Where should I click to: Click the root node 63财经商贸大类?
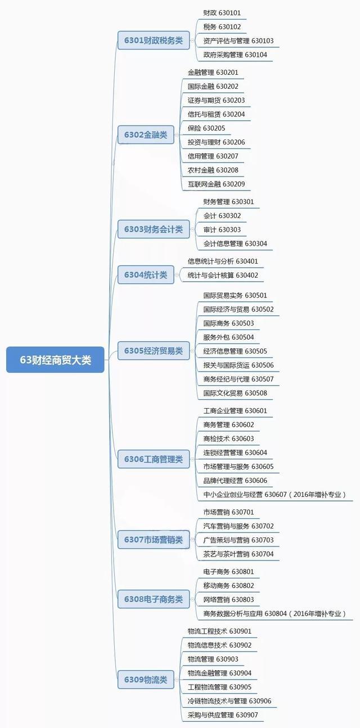point(55,360)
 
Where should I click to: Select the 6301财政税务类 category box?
point(154,40)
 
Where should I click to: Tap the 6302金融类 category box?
point(146,134)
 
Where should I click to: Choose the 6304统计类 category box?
point(146,275)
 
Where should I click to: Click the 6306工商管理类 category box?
point(154,459)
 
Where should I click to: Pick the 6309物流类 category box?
point(146,679)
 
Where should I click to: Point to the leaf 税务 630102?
point(222,26)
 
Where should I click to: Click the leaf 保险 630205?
point(206,128)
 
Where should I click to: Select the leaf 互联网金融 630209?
point(216,184)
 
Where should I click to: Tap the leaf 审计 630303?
point(222,229)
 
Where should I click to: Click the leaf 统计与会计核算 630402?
point(223,275)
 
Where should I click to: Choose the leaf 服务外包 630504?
point(228,337)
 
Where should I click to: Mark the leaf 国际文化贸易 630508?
point(235,393)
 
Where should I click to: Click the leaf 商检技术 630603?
point(228,438)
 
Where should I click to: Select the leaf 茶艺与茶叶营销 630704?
point(238,554)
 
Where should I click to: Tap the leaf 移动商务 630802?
point(228,585)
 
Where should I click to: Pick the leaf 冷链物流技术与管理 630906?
point(229,700)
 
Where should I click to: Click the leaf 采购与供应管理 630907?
point(223,715)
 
